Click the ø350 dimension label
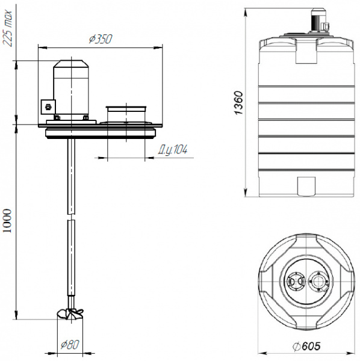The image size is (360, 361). [x=101, y=39]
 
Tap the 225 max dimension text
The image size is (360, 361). [x=8, y=28]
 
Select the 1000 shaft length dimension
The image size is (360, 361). [x=7, y=221]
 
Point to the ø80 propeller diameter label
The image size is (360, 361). [x=70, y=344]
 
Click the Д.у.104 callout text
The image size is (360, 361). [x=173, y=150]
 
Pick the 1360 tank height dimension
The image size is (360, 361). [x=238, y=103]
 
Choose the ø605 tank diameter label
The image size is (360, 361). [x=306, y=346]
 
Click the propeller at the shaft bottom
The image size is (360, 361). [x=70, y=313]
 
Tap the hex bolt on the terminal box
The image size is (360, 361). [x=48, y=107]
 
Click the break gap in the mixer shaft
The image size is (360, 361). [x=72, y=217]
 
